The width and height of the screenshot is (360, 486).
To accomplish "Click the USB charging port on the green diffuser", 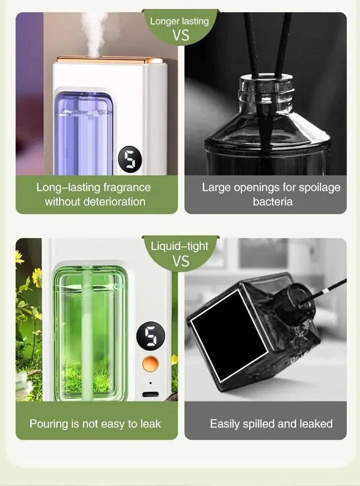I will click(151, 395).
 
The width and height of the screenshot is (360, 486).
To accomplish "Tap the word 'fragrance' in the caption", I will click(127, 187).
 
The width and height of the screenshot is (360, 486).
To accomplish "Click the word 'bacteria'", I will click(273, 202).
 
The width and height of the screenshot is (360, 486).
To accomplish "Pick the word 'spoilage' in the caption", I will click(318, 187).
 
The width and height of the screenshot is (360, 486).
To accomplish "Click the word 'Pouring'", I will click(48, 424).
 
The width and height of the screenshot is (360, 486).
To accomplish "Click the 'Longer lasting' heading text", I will click(180, 21).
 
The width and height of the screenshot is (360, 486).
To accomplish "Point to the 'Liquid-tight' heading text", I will click(180, 247).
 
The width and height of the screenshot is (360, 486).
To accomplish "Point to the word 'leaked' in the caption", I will click(316, 424).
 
